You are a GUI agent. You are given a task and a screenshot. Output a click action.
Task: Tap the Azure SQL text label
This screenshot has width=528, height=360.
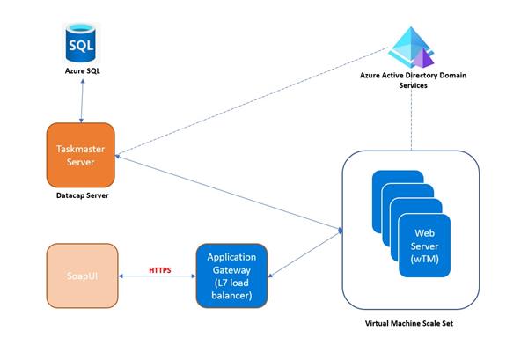point(82,70)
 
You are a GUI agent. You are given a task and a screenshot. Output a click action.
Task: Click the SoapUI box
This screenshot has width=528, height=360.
point(82,275)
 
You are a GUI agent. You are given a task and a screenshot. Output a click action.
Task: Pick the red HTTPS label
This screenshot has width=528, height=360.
point(159,268)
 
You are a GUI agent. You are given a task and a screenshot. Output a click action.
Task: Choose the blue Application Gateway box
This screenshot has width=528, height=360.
point(231,275)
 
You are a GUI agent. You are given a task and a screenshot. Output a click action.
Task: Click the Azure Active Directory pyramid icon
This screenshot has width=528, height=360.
point(413,48)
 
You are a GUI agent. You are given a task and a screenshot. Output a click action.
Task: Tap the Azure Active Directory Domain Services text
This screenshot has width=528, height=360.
point(413,81)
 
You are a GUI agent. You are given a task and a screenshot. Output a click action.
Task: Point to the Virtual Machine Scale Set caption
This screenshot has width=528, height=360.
point(411,324)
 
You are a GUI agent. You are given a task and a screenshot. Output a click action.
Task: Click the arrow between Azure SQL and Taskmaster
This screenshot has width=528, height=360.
point(82,101)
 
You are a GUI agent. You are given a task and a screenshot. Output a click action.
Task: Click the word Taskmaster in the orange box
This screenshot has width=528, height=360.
point(82,149)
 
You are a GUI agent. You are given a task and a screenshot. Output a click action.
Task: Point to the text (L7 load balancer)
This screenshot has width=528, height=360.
point(231,288)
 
